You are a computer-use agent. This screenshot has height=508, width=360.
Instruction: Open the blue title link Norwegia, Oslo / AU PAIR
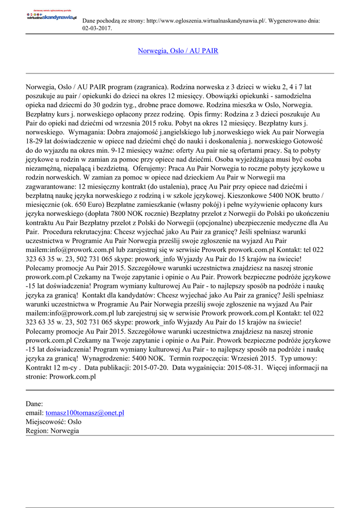pos(178,51)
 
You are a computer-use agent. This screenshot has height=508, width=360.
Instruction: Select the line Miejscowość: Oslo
pos(54,422)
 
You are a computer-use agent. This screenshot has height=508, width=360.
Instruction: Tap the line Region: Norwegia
pos(52,431)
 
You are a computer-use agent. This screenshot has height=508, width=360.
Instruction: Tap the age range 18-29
pos(34,141)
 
